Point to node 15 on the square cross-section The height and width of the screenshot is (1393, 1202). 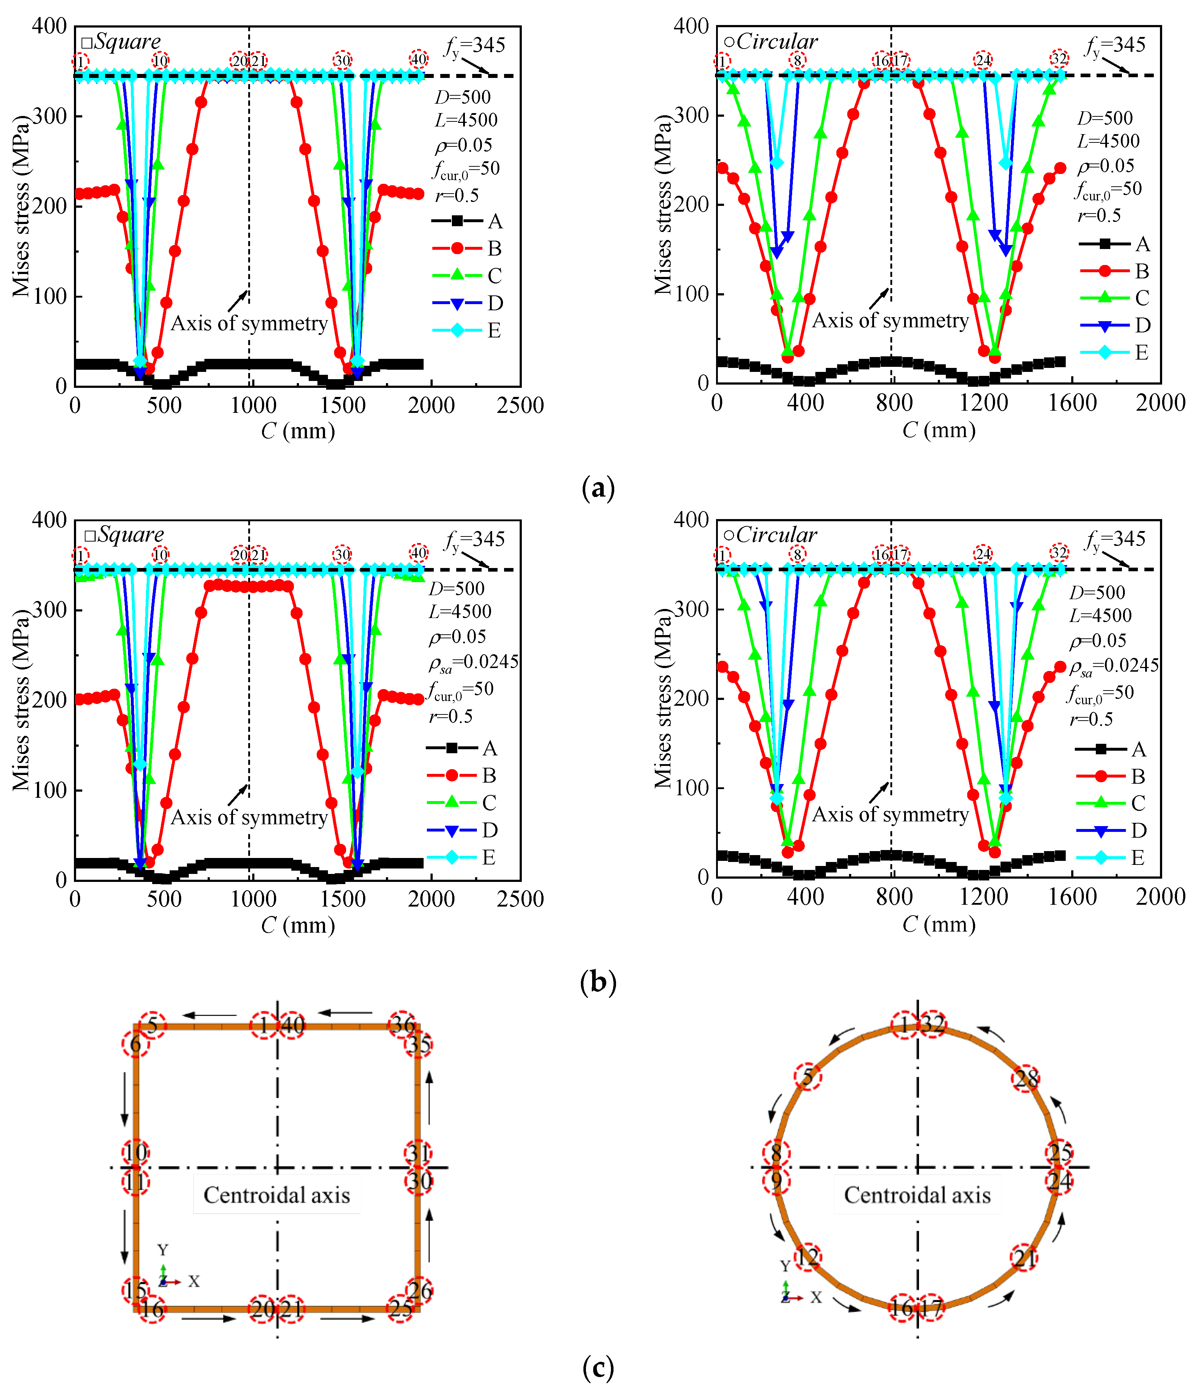(x=134, y=1289)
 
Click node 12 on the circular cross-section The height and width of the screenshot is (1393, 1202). (x=807, y=1256)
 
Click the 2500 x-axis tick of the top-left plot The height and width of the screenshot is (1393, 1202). (x=520, y=405)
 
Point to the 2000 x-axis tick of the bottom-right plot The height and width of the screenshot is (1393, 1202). (x=1160, y=897)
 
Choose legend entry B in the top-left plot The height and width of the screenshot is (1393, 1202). (x=494, y=249)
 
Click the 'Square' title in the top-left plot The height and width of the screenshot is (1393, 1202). (x=127, y=42)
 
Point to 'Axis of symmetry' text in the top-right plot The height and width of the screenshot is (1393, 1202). (x=890, y=321)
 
